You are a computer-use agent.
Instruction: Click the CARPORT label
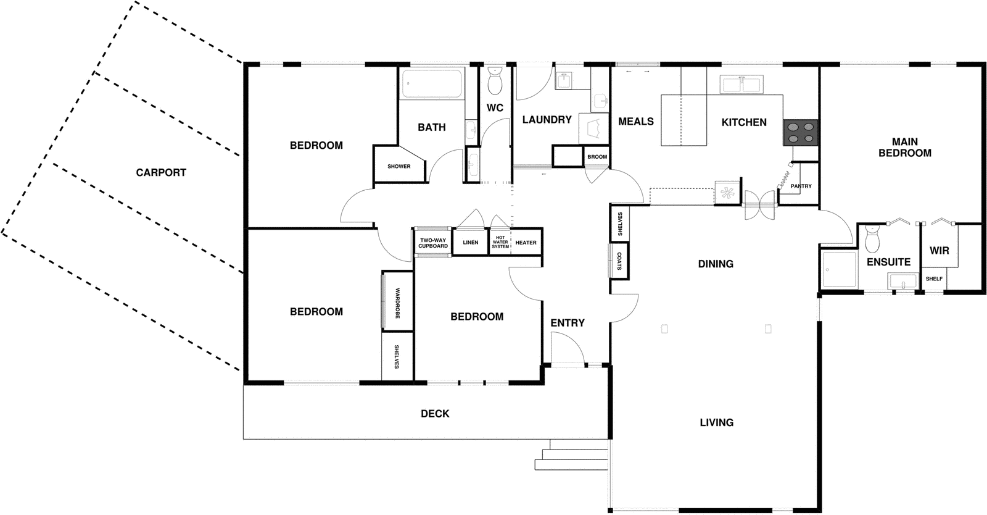[x=161, y=173]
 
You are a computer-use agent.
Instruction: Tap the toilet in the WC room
[x=495, y=80]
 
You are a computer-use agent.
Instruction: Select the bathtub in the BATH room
[x=432, y=84]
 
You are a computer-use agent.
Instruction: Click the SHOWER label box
[x=399, y=166]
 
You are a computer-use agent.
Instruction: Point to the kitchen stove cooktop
[x=801, y=132]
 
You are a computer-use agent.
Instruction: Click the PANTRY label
[x=801, y=186]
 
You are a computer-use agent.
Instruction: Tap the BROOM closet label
[x=597, y=157]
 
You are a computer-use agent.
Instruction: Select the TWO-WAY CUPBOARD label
[x=433, y=243]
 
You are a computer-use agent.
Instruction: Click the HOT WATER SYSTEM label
[x=500, y=243]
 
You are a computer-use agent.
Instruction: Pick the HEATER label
[x=526, y=243]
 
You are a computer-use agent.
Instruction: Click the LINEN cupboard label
[x=471, y=243]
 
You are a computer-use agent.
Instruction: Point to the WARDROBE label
[x=397, y=303]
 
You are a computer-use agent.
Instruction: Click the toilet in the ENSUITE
[x=872, y=240]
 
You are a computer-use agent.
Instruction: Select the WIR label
[x=940, y=251]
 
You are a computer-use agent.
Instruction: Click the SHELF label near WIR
[x=934, y=278]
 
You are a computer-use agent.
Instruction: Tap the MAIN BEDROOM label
[x=905, y=147]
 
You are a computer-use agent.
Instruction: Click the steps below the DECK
[x=574, y=458]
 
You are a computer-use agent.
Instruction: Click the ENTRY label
[x=568, y=323]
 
